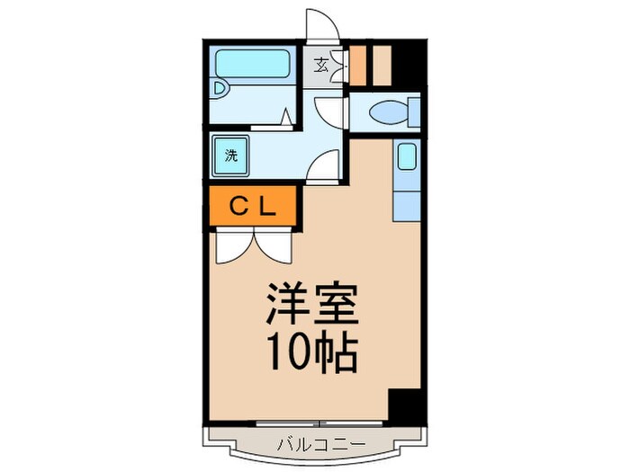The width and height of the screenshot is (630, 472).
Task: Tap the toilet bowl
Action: [386, 113]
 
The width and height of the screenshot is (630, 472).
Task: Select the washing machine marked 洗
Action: [231, 155]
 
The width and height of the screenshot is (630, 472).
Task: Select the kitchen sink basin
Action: [406, 158]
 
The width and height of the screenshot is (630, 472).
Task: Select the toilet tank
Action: [412, 113]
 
